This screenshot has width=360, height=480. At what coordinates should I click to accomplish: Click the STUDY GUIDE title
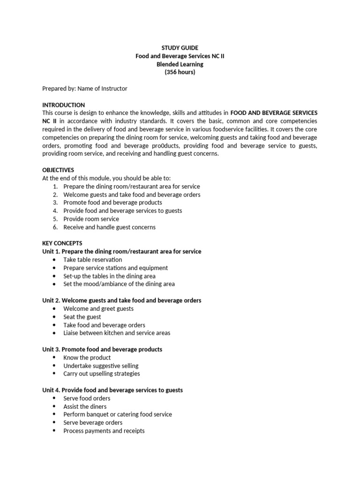(x=180, y=48)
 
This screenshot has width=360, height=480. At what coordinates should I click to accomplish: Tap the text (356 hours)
(x=180, y=72)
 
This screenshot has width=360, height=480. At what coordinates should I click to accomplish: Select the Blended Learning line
(x=180, y=64)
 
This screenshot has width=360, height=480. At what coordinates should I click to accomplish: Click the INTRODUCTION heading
(x=63, y=105)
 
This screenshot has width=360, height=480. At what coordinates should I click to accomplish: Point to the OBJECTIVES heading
(x=58, y=170)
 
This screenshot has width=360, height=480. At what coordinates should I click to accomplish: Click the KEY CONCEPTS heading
(x=62, y=243)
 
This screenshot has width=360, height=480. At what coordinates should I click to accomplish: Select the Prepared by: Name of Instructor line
(x=85, y=89)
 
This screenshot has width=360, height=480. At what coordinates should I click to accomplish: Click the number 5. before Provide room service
(x=55, y=219)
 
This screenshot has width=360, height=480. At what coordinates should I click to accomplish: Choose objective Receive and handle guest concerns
(x=109, y=227)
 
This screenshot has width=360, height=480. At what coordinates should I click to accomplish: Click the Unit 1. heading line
(x=122, y=251)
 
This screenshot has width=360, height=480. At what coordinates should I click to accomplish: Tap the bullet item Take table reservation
(x=92, y=260)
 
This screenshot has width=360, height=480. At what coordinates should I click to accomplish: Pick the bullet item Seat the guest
(x=82, y=317)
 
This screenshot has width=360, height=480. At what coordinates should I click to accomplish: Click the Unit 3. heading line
(x=102, y=349)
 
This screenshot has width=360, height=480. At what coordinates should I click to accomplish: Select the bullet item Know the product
(x=87, y=358)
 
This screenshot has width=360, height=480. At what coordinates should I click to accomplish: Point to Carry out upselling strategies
(x=101, y=374)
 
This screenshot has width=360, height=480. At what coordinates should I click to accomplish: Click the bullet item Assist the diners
(x=85, y=406)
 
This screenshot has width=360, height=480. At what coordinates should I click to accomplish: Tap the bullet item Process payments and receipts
(x=104, y=431)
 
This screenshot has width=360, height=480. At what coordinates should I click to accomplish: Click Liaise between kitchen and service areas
(x=117, y=333)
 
